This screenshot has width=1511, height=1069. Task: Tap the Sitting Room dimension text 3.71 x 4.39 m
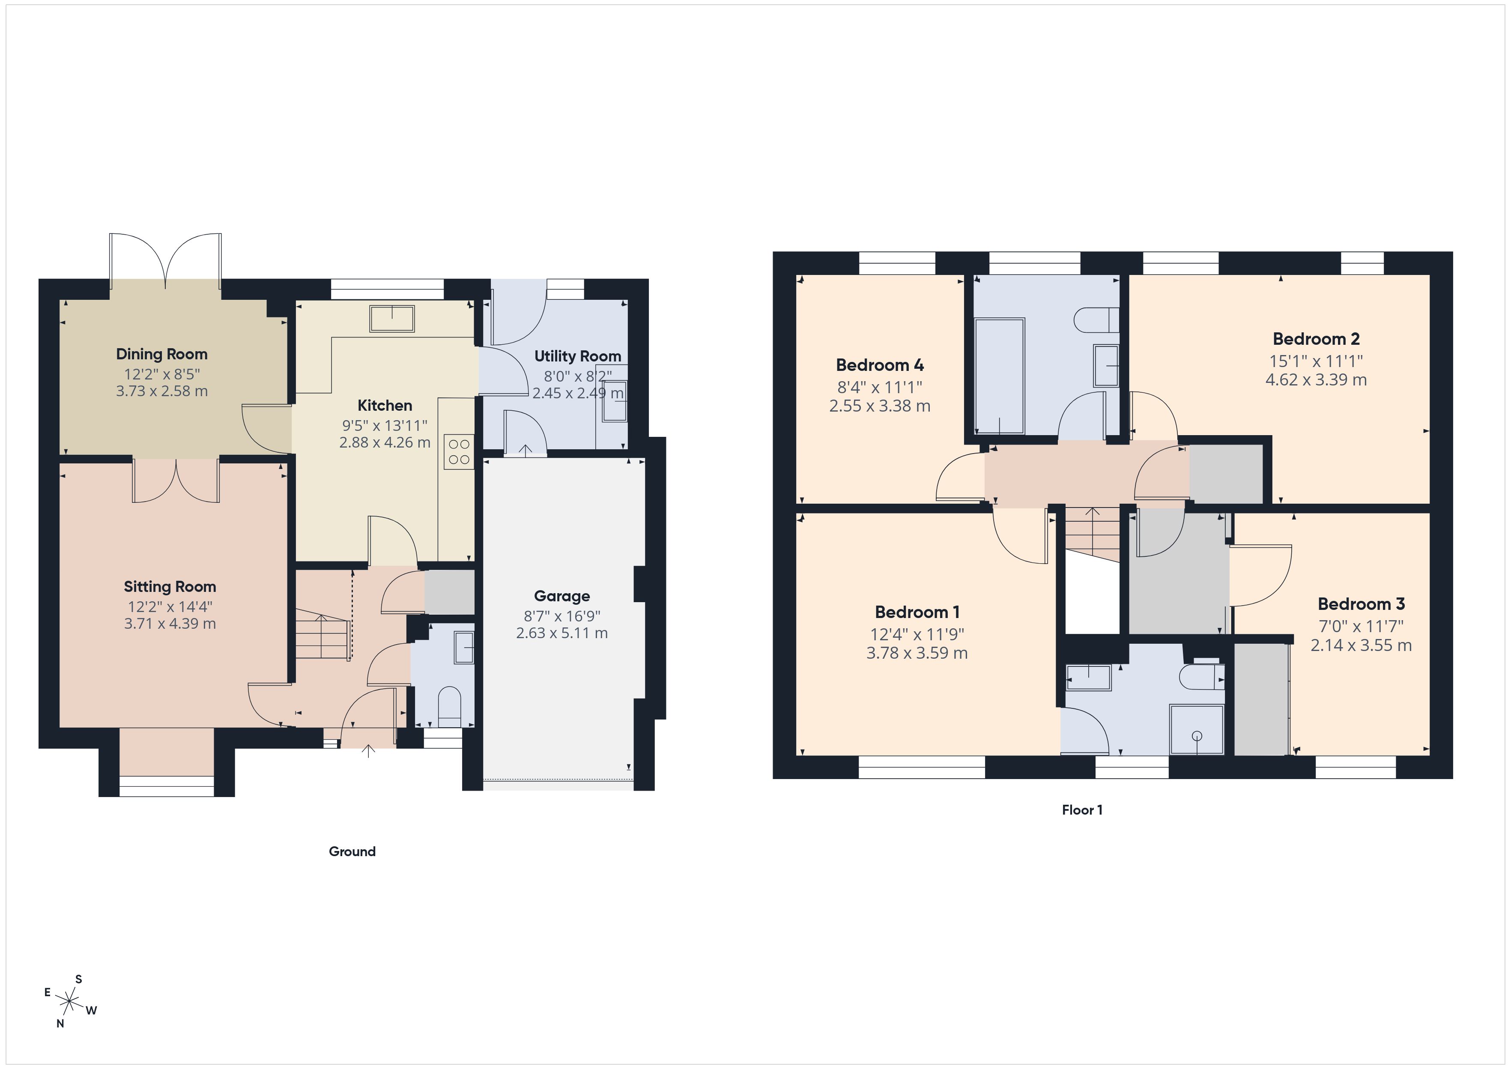coord(170,623)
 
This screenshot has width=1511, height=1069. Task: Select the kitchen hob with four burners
coord(459,451)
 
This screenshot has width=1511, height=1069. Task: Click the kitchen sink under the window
coord(392,319)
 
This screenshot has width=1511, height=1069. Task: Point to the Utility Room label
coord(577,356)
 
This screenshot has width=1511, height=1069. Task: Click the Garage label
coord(561,596)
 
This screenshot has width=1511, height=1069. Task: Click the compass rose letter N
coord(60,1024)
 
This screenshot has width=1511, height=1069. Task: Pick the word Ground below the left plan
coord(352,851)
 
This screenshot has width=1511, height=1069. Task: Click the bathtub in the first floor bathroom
coord(999,376)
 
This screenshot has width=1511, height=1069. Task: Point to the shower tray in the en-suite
coord(1197,729)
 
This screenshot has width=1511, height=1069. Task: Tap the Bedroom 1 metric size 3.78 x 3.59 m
coord(917,653)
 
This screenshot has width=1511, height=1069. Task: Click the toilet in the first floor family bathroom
coord(1096,320)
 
